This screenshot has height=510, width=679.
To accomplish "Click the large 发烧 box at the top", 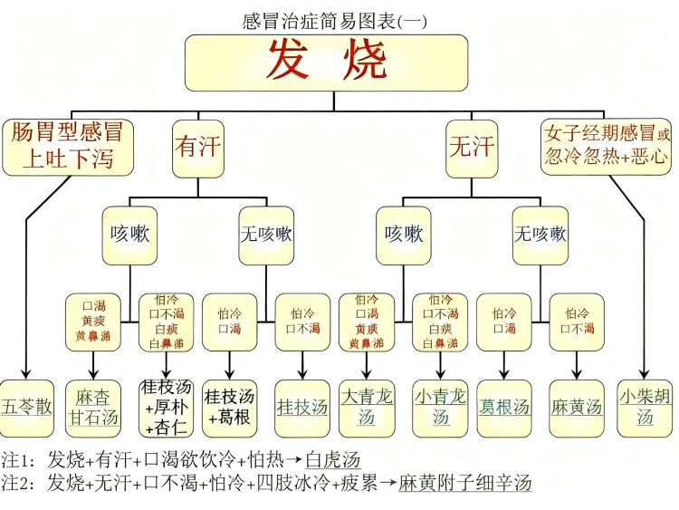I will [327, 63].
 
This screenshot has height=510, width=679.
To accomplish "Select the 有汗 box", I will [197, 147].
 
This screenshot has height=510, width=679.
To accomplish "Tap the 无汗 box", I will [472, 147].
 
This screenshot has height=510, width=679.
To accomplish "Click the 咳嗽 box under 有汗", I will [129, 235].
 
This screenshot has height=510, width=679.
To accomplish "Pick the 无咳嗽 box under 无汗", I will [540, 235].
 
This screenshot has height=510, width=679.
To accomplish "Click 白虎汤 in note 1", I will [334, 460].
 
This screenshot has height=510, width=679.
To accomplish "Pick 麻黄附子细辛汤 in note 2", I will [465, 483].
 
